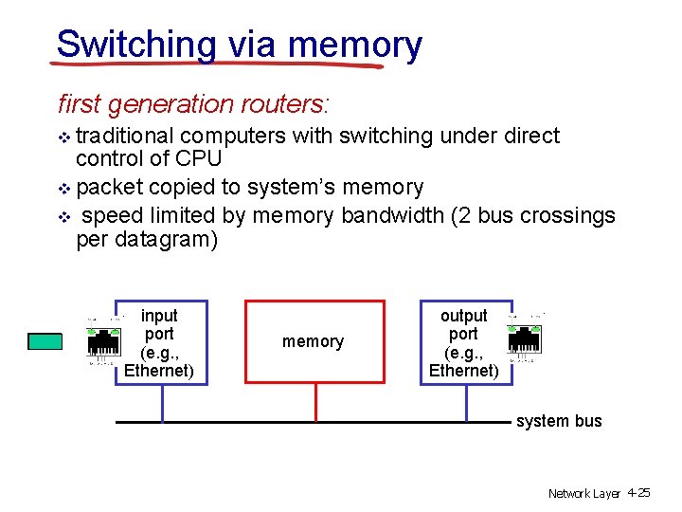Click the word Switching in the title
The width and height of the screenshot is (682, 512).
[136, 45]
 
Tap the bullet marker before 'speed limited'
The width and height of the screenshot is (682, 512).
[64, 216]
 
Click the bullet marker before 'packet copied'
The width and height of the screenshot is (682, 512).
[64, 188]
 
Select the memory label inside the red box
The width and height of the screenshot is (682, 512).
[313, 341]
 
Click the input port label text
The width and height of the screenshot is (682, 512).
[159, 342]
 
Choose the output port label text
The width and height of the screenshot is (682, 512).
[463, 342]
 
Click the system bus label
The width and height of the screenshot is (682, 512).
[559, 421]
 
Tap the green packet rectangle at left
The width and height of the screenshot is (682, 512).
[45, 341]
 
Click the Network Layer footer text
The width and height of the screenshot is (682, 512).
[583, 493]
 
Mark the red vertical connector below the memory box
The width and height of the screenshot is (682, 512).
[315, 402]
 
